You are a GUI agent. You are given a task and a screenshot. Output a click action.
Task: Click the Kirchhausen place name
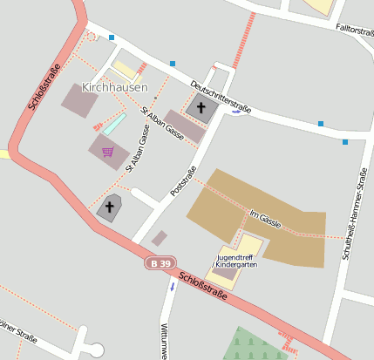point(114,87)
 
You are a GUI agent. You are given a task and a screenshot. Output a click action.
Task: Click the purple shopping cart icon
point(108,152)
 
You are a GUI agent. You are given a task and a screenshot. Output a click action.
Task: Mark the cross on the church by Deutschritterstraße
point(202,108)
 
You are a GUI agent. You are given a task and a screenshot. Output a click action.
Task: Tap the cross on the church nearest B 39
point(110,207)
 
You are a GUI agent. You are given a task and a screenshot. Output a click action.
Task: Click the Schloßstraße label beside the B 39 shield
point(203,287)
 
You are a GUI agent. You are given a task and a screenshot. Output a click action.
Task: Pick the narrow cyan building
point(114,123)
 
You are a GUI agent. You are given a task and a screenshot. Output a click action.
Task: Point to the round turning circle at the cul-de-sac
point(96,350)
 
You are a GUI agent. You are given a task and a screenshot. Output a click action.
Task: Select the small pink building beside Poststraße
point(159,238)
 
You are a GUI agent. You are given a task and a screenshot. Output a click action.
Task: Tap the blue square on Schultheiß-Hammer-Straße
point(345,141)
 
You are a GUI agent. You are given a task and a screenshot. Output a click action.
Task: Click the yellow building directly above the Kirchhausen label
point(127,69)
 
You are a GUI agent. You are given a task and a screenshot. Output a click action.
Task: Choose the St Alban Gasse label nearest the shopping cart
point(138,146)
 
